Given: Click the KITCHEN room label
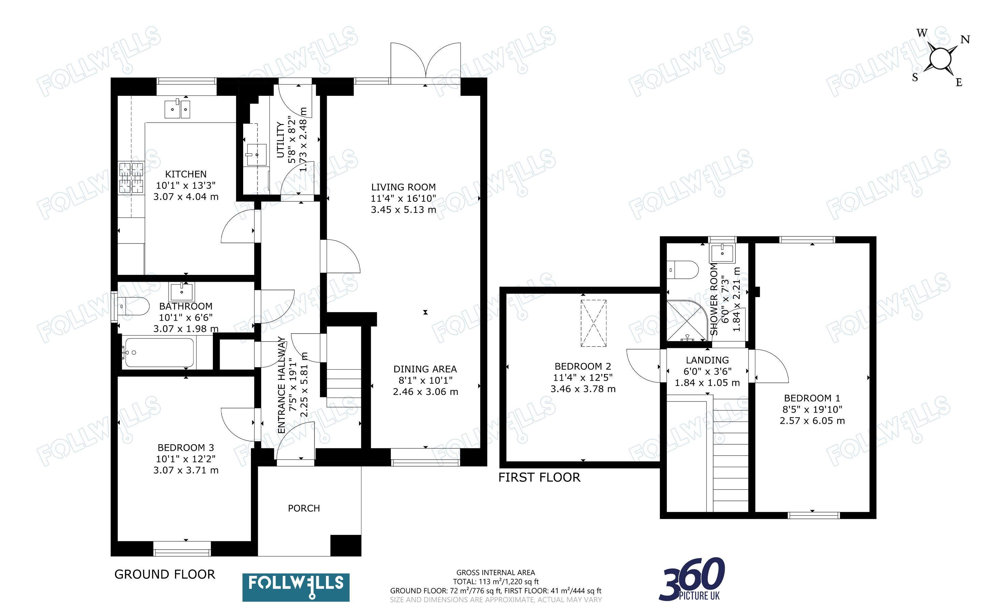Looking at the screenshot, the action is click(x=186, y=174).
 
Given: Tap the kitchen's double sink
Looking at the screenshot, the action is click(x=177, y=109).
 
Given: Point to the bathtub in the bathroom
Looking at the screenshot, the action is click(x=159, y=352).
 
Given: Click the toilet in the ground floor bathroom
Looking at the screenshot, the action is click(x=131, y=306).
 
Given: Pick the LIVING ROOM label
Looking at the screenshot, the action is click(x=403, y=187).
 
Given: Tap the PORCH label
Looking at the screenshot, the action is click(x=304, y=508).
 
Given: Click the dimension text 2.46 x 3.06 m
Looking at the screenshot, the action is click(x=425, y=392).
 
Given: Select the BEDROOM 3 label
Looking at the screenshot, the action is click(x=186, y=448).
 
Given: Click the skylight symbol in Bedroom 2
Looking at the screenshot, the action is click(x=593, y=323).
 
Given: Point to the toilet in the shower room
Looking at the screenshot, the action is click(x=682, y=270).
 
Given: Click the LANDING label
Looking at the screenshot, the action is click(x=707, y=360).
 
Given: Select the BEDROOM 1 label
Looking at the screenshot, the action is click(x=812, y=398).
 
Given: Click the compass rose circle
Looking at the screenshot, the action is click(x=940, y=59).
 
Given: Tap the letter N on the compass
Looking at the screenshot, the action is click(x=965, y=40).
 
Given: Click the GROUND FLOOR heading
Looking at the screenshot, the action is click(x=165, y=574).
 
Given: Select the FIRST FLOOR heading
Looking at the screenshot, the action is click(x=539, y=477).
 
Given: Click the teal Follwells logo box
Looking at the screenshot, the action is click(x=296, y=587).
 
